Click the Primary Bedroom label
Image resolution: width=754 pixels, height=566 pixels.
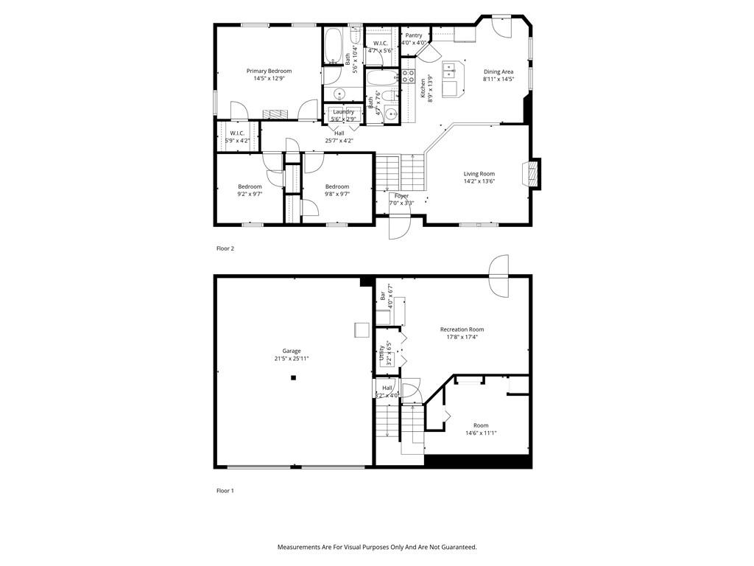click(269, 71)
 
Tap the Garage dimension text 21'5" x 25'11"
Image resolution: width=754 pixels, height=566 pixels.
click(292, 359)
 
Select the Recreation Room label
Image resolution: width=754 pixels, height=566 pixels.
click(462, 329)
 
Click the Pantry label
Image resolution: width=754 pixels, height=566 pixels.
click(414, 35)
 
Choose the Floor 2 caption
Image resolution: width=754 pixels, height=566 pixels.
click(225, 248)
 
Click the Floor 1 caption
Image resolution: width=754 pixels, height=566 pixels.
click(225, 491)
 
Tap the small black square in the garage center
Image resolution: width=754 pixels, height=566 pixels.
click(292, 378)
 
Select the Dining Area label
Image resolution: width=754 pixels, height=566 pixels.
click(498, 71)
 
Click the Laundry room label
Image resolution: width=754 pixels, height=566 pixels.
click(343, 112)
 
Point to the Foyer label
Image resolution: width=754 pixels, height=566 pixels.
click(401, 196)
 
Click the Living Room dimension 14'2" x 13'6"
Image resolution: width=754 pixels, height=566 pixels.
click(479, 181)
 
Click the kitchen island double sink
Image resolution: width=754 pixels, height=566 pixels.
click(451, 71)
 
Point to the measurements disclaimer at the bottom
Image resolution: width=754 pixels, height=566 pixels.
click(376, 547)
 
